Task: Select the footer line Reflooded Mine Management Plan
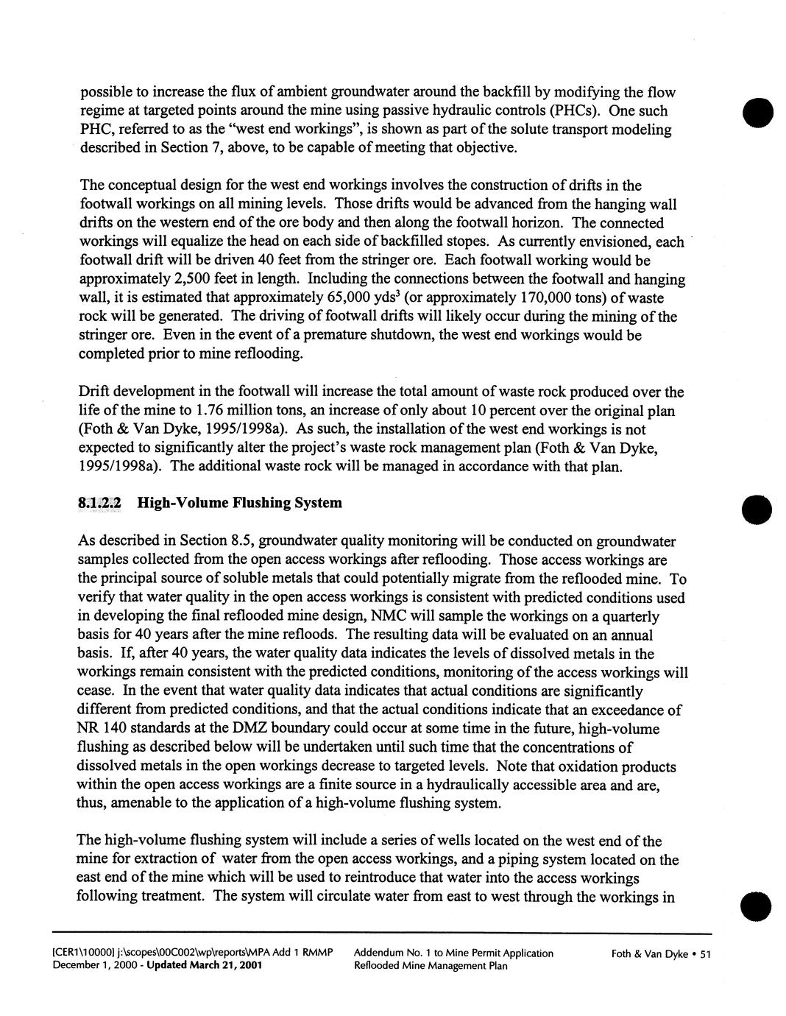(x=431, y=966)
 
